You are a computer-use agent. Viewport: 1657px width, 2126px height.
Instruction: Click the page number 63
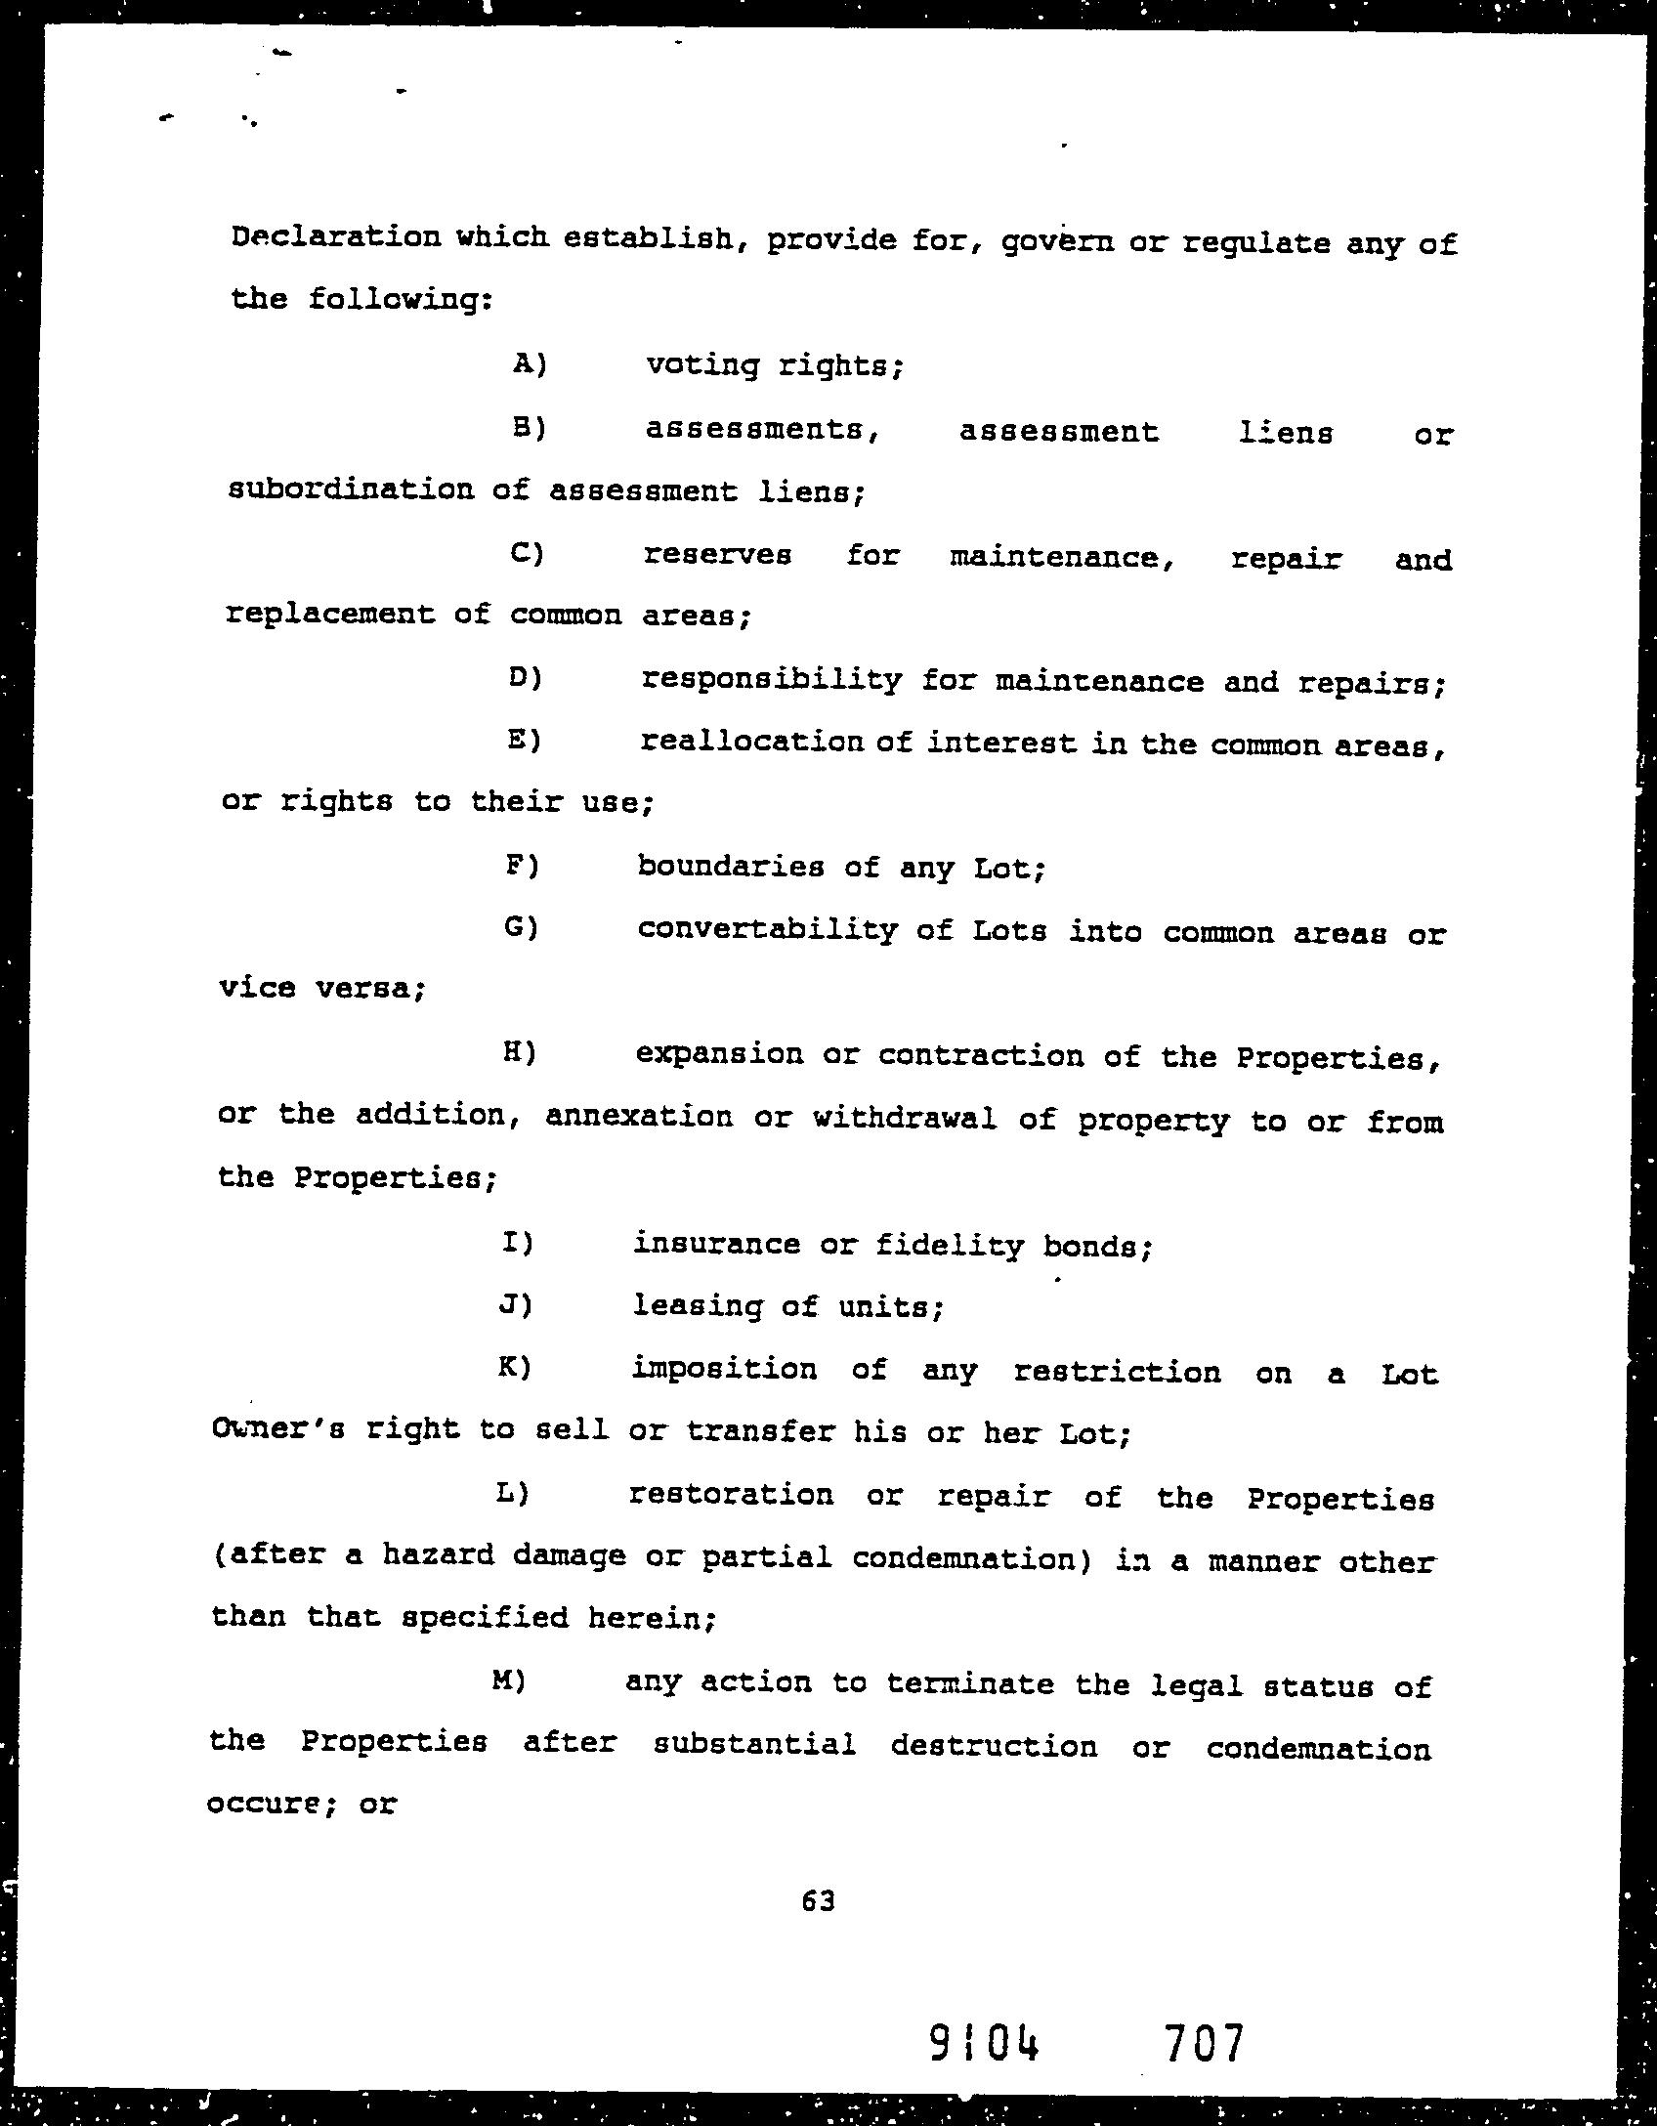[818, 1900]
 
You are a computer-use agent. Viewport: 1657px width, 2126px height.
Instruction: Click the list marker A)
[529, 364]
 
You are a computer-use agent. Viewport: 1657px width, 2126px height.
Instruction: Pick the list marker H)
[519, 1052]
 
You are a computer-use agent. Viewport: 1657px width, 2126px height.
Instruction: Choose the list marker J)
[515, 1304]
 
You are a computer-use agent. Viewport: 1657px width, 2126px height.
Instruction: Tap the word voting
[701, 366]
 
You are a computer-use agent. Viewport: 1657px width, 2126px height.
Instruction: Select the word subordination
[351, 489]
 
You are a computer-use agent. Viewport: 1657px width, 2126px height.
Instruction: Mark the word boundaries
[730, 867]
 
